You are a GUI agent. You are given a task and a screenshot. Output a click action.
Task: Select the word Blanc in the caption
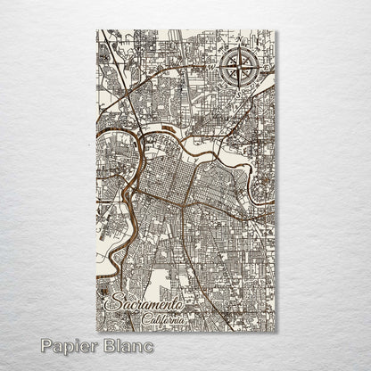pos(127,345)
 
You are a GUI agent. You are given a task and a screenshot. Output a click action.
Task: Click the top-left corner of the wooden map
pos(96,30)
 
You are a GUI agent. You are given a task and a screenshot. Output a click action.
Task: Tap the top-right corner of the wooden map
pos(276,30)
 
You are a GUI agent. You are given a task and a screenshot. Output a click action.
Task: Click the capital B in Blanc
pos(108,345)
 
